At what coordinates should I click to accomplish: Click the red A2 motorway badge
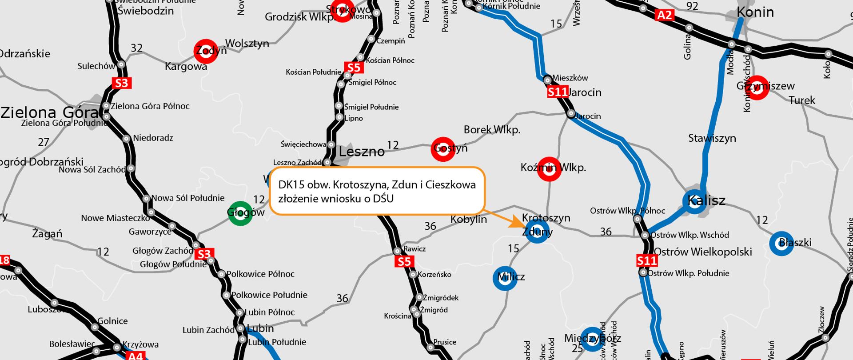pyautogui.click(x=665, y=16)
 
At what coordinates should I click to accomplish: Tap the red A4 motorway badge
pyautogui.click(x=135, y=356)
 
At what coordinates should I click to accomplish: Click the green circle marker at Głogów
pyautogui.click(x=240, y=213)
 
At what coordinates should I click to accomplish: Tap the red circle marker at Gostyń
pyautogui.click(x=442, y=149)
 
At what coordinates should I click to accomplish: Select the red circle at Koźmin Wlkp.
pyautogui.click(x=549, y=169)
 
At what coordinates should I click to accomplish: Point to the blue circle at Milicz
pyautogui.click(x=506, y=278)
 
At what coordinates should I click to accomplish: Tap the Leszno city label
pyautogui.click(x=362, y=152)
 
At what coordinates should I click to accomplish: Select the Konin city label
pyautogui.click(x=755, y=12)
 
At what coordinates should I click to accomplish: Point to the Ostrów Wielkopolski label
pyautogui.click(x=703, y=252)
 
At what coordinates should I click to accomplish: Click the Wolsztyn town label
pyautogui.click(x=247, y=44)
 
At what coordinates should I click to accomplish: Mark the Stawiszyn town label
pyautogui.click(x=712, y=138)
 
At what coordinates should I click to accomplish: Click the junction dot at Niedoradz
pyautogui.click(x=126, y=139)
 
